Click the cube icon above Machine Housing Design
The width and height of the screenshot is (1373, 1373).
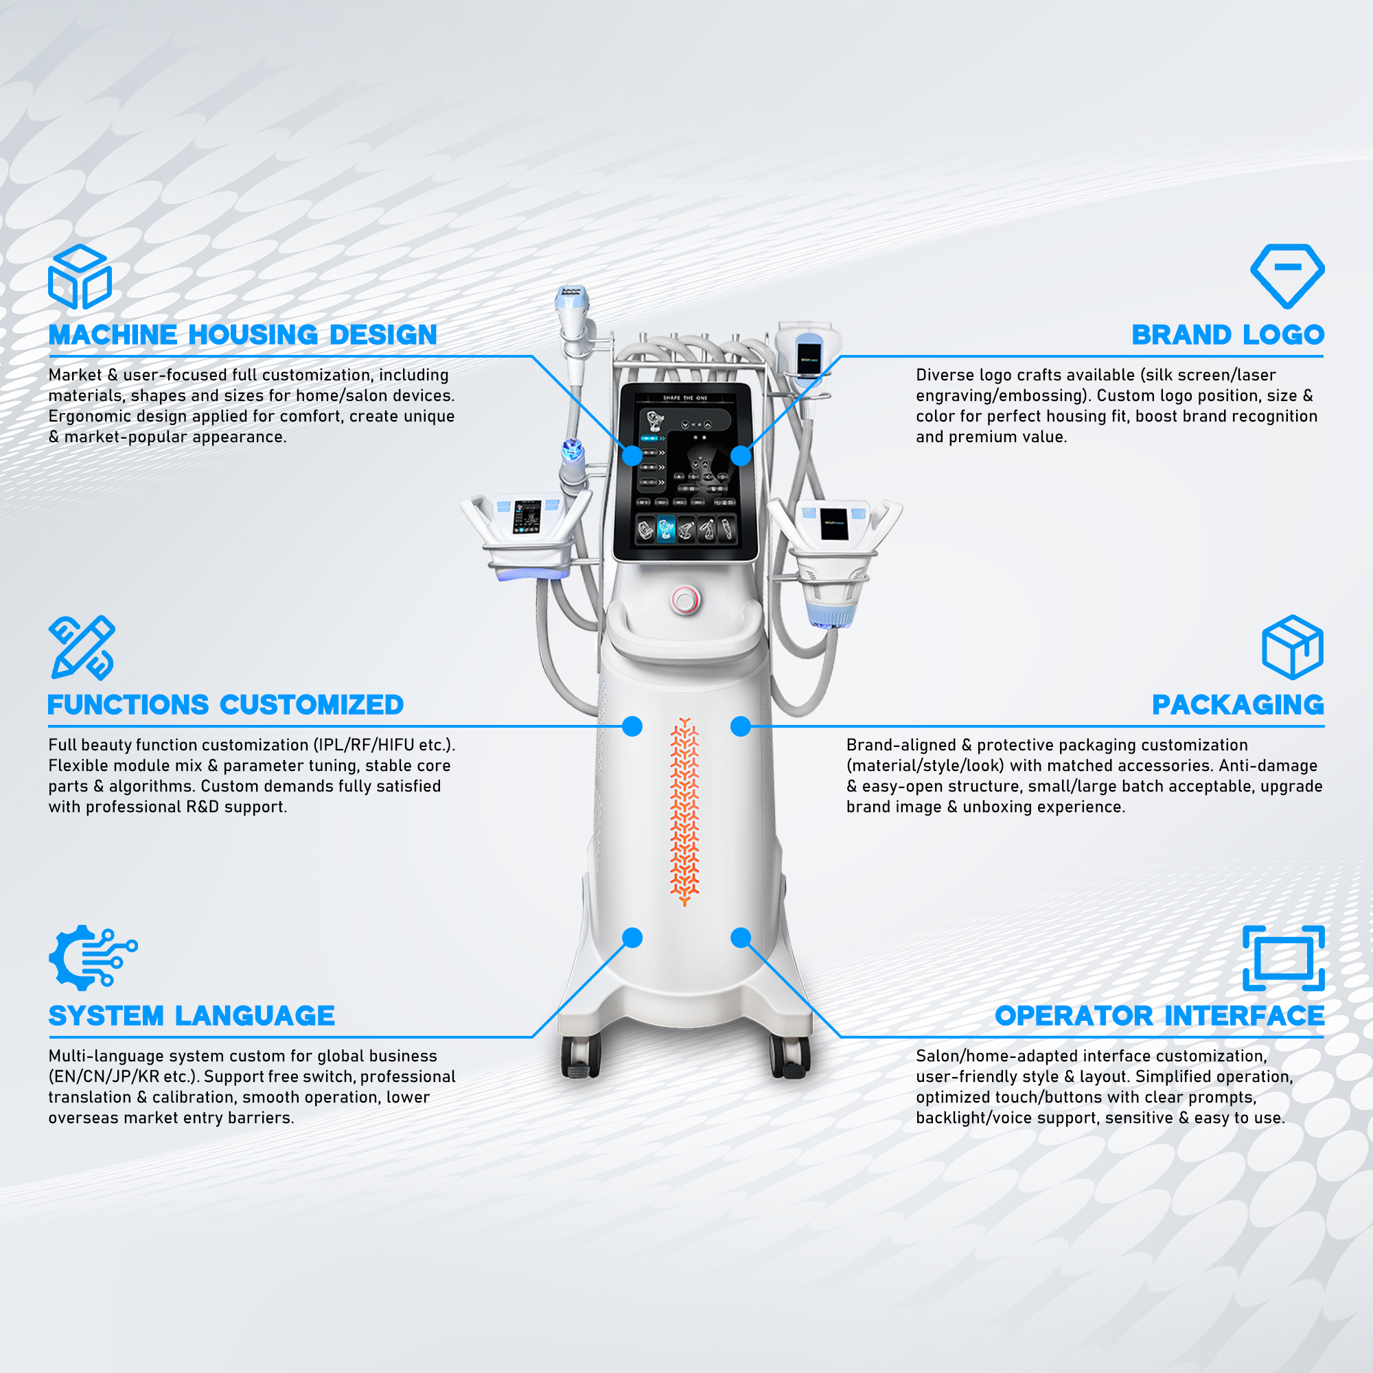coord(80,277)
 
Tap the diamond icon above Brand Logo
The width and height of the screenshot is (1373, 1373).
coord(1287,277)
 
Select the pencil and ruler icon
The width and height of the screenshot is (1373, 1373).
coord(82,647)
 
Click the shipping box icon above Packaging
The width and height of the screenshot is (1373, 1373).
coord(1293,647)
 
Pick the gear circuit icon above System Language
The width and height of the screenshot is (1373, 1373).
coord(93,958)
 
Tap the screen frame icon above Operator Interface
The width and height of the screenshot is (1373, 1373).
coord(1284,958)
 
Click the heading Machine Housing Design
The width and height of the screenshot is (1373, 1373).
coord(242,335)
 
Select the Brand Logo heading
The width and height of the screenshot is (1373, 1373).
coord(1228,335)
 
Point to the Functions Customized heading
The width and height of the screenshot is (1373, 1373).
coord(225,705)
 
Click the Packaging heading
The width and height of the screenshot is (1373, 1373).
coord(1238,705)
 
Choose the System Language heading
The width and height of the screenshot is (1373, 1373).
coord(191,1015)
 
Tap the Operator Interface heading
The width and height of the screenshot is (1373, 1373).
coord(1159,1015)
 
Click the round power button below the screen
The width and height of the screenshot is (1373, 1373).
coord(685,601)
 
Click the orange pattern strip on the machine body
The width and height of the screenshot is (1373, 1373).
coord(684,811)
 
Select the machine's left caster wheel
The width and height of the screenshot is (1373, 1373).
coord(581,1056)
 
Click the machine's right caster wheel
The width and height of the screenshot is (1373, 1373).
coord(790,1056)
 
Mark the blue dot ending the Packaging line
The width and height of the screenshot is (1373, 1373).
coord(741,726)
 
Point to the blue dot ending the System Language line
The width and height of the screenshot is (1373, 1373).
coord(632,937)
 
